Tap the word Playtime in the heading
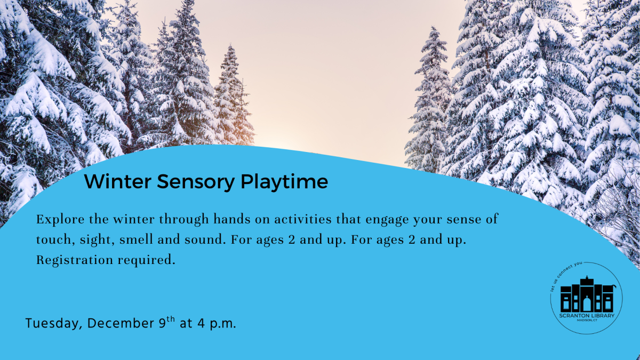click(284, 182)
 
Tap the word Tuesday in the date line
click(53, 324)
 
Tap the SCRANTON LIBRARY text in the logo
click(586, 316)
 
